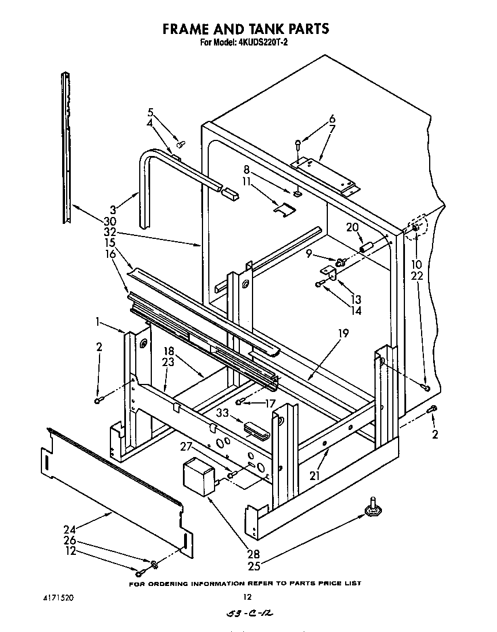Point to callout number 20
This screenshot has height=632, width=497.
tap(353, 227)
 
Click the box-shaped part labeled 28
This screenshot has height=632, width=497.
tap(197, 474)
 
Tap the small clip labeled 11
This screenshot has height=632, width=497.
tap(282, 210)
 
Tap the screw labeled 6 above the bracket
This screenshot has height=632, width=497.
tap(298, 144)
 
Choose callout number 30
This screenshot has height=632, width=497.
tap(110, 222)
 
